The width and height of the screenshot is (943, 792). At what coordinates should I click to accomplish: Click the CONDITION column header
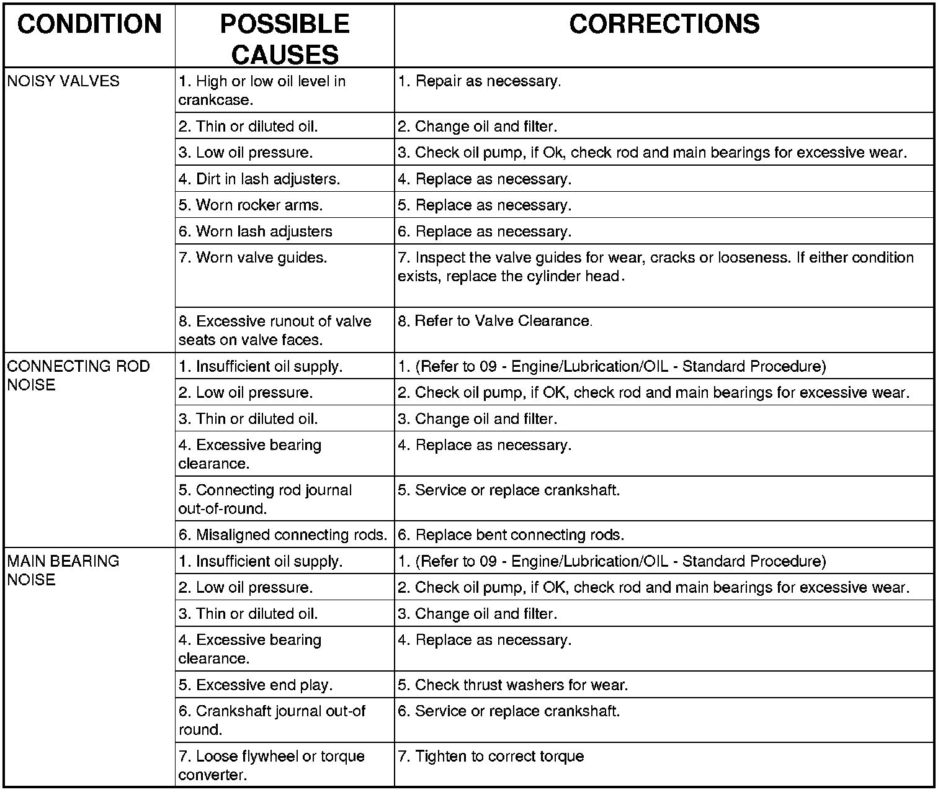click(x=89, y=25)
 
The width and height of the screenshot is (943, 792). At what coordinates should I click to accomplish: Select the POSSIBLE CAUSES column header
click(x=285, y=40)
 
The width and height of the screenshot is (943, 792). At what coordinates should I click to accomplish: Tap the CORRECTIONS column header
click(x=664, y=25)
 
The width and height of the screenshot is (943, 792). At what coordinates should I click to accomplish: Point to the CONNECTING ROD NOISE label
click(x=78, y=376)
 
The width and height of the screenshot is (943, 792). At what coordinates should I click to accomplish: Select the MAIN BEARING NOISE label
click(x=63, y=570)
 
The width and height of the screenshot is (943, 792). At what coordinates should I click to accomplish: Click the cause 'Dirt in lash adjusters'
click(x=259, y=179)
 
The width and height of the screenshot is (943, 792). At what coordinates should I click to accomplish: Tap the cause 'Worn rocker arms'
click(x=251, y=205)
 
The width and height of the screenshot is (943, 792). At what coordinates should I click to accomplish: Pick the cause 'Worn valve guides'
click(x=253, y=258)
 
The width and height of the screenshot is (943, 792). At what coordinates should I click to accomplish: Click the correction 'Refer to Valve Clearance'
click(x=495, y=321)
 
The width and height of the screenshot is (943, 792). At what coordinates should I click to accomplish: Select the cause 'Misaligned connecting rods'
click(x=283, y=535)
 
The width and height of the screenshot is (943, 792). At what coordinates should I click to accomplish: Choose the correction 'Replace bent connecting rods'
click(x=511, y=535)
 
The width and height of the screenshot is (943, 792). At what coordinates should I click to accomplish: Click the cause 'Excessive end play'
click(x=256, y=685)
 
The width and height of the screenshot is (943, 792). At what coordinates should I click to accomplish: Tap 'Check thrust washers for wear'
click(x=512, y=685)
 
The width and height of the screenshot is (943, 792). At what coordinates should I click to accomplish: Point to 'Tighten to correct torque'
click(x=491, y=757)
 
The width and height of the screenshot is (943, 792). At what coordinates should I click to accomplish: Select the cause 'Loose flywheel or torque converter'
click(x=272, y=766)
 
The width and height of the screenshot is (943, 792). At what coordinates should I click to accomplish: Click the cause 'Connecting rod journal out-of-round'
click(x=265, y=500)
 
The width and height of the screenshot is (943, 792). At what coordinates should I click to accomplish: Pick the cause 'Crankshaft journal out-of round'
click(x=272, y=721)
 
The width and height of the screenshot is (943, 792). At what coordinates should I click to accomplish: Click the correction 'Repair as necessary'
click(x=480, y=81)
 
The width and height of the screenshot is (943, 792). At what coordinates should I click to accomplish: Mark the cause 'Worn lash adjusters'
click(x=256, y=232)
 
